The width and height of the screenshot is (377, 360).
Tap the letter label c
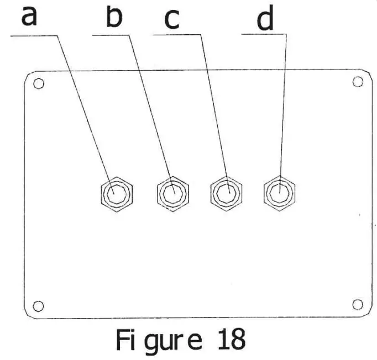[172, 20]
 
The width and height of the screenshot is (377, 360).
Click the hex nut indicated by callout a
[117, 193]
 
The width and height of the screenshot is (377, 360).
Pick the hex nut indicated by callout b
[173, 194]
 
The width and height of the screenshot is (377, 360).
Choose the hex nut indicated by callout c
[226, 193]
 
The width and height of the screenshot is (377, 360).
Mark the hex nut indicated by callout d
[279, 193]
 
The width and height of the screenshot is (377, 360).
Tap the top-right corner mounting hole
[357, 81]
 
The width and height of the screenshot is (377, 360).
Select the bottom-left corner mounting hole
[38, 305]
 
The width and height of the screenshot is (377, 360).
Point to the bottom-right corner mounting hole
[357, 304]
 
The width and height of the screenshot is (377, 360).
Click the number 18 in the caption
[232, 341]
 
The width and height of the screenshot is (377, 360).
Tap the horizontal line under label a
[33, 35]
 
